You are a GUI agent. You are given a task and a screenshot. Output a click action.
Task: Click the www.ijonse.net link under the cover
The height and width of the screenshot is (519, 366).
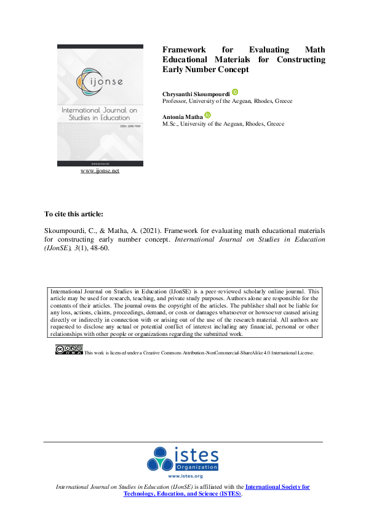[x=100, y=171]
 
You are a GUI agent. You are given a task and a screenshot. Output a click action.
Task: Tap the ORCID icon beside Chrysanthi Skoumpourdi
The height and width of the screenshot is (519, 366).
[x=235, y=92]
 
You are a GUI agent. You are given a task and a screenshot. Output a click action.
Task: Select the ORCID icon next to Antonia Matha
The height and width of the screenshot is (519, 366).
[x=208, y=115]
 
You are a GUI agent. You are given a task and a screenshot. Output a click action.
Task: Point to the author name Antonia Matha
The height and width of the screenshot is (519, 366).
[x=183, y=116]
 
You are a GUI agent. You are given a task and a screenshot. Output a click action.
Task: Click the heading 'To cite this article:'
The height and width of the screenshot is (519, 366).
[x=70, y=214]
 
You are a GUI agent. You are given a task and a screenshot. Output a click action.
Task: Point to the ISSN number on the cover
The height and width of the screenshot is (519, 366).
[x=121, y=126]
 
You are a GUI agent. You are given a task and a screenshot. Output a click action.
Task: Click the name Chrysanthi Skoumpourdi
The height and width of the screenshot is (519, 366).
[x=196, y=93]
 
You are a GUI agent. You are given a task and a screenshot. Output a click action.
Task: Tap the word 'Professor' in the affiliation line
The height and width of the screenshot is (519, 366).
[x=175, y=101]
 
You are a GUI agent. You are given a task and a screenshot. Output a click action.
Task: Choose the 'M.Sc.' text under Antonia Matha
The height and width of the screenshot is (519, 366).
[x=170, y=123]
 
